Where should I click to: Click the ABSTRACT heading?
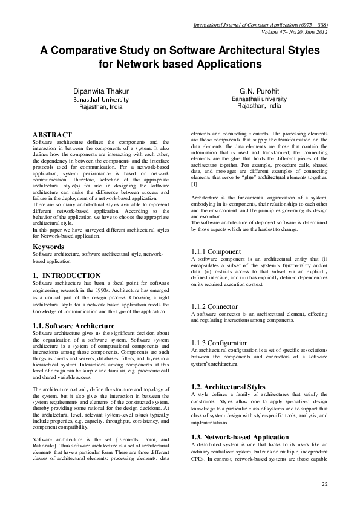(52, 134)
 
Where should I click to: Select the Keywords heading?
(48, 247)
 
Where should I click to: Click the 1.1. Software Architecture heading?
(73, 326)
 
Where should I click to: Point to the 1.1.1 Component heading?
(216, 251)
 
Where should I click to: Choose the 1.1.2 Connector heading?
(214, 307)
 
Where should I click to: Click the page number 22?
(325, 485)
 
